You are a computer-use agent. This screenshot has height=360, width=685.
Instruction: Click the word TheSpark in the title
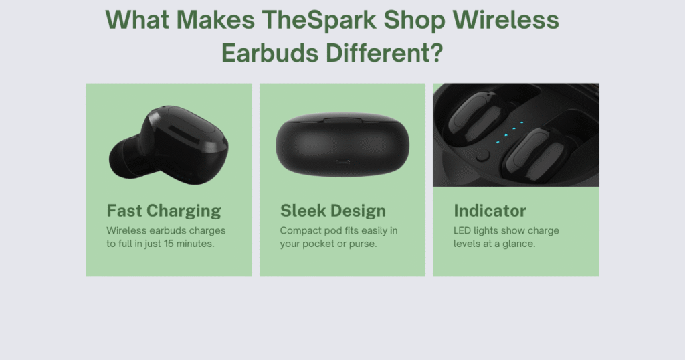(319, 19)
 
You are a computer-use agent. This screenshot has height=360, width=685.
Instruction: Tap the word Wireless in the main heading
(506, 19)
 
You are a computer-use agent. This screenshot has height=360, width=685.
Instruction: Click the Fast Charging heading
(164, 211)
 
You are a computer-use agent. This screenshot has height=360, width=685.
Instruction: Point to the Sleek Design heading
(333, 211)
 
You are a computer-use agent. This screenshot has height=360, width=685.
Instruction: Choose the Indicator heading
(490, 211)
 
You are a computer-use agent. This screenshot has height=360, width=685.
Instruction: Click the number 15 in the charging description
(169, 244)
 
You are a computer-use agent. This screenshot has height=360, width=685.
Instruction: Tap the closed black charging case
(342, 144)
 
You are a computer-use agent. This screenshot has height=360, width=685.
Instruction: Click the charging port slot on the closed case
(342, 162)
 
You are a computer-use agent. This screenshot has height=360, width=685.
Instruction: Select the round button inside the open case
(482, 155)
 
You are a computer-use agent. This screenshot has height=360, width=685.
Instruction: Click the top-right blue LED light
(522, 122)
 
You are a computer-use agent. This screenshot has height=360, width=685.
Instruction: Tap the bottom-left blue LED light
(498, 142)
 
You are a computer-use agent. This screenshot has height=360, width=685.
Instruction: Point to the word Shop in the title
(414, 21)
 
